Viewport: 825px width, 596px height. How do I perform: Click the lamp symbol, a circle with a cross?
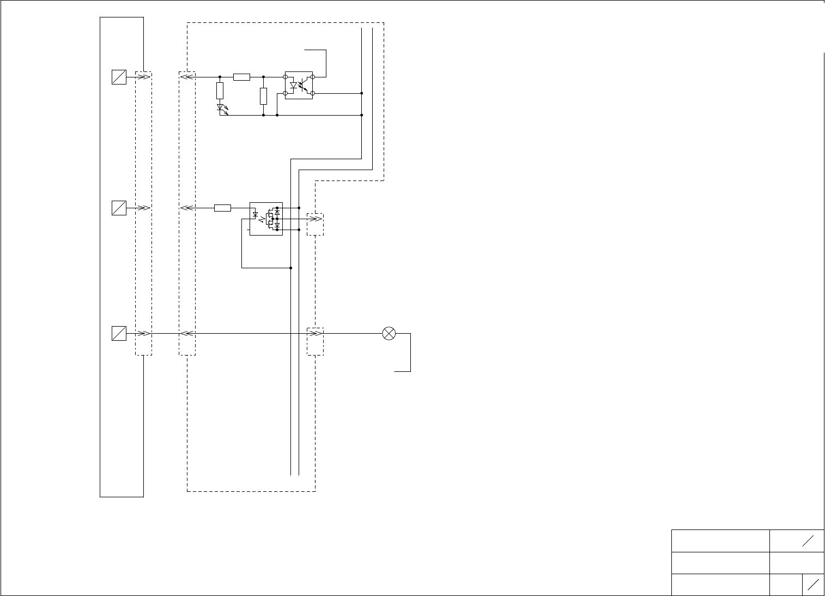coord(389,333)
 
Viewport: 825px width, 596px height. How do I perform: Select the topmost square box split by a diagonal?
coord(119,77)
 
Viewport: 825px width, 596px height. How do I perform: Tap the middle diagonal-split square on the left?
coord(119,208)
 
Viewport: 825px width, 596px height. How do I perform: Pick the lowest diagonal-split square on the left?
coord(119,333)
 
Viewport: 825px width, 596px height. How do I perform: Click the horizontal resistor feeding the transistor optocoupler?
coord(241,77)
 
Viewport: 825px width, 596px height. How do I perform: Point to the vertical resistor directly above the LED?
coord(220,91)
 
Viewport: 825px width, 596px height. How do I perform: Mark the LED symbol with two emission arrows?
coord(221,108)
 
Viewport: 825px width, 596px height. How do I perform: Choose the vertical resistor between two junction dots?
coord(263,96)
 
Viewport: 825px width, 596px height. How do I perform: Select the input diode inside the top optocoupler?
coord(294,86)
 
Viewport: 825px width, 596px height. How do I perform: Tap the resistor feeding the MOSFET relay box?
coord(222,208)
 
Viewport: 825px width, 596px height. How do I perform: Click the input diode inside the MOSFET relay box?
coord(256,214)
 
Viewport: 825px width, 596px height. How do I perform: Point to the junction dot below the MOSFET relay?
coord(291,268)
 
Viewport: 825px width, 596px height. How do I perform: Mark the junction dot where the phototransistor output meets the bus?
coord(362,93)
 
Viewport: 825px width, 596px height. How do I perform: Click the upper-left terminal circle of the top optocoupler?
coord(286,77)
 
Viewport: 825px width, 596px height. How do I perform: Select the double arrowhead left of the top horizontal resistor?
coord(186,77)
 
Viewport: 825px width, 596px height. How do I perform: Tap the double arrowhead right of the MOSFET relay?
coord(314,219)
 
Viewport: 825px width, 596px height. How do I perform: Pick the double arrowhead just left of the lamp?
coord(314,333)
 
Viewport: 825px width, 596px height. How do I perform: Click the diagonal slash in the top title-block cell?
coord(808,540)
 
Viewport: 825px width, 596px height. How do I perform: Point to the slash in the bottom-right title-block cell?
coord(814,585)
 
